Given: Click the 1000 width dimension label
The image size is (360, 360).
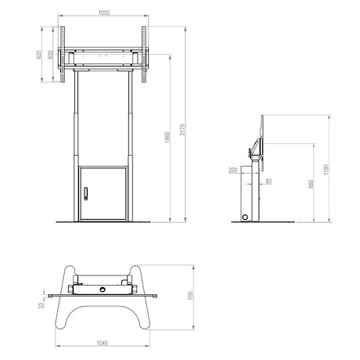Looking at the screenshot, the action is (104, 13).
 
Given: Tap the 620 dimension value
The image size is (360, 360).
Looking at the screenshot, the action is (38, 55).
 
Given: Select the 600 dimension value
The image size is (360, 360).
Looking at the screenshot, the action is (50, 55).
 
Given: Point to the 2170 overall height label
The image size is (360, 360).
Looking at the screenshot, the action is (182, 130).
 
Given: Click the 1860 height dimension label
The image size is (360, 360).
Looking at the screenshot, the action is (167, 137).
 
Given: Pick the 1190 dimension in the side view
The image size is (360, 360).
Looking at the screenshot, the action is (326, 170).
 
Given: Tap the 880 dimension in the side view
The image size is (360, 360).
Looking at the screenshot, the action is (311, 184).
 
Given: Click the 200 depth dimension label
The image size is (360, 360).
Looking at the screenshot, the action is (233, 171).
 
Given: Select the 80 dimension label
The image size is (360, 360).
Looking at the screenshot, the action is (268, 181).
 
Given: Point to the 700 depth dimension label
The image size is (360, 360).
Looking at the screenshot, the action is (190, 296).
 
